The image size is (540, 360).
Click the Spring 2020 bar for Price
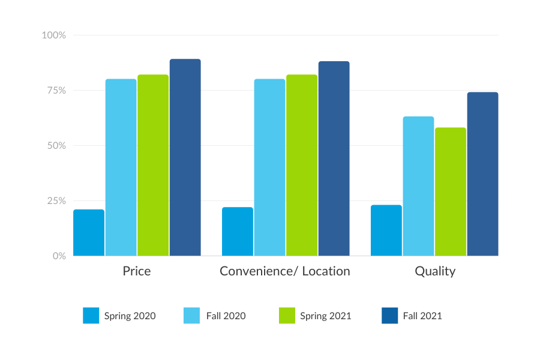pyautogui.click(x=89, y=233)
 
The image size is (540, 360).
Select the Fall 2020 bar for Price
pyautogui.click(x=121, y=167)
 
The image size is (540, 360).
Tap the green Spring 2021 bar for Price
pyautogui.click(x=153, y=165)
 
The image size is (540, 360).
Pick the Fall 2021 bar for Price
pyautogui.click(x=185, y=157)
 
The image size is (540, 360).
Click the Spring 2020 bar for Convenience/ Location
pyautogui.click(x=238, y=232)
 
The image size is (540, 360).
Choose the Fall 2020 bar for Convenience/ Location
pyautogui.click(x=269, y=167)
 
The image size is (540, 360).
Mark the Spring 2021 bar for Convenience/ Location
pyautogui.click(x=302, y=165)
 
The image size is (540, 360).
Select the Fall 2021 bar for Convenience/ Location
pyautogui.click(x=334, y=158)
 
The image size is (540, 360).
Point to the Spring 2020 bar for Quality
pyautogui.click(x=386, y=230)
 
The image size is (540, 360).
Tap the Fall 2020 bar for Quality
pyautogui.click(x=418, y=186)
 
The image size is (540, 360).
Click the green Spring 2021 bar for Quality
pyautogui.click(x=451, y=191)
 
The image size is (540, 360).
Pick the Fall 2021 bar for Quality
pyautogui.click(x=482, y=174)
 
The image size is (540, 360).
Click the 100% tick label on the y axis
pyautogui.click(x=53, y=35)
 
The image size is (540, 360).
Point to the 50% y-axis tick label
pyautogui.click(x=56, y=146)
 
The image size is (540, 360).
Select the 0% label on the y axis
pyautogui.click(x=58, y=256)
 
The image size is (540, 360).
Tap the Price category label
pyautogui.click(x=137, y=271)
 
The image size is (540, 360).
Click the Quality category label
pyautogui.click(x=435, y=271)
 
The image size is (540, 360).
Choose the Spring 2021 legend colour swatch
pyautogui.click(x=287, y=316)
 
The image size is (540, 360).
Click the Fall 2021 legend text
pyautogui.click(x=422, y=316)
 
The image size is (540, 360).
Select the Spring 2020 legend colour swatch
pyautogui.click(x=91, y=316)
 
